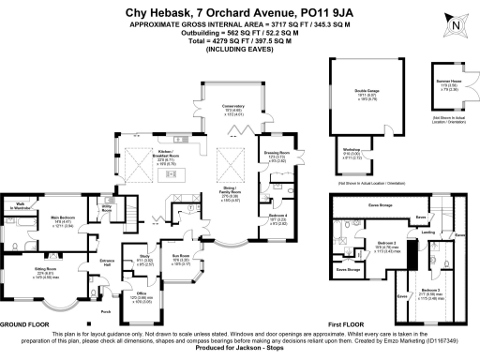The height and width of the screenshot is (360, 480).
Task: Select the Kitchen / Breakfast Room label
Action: pyautogui.click(x=173, y=151)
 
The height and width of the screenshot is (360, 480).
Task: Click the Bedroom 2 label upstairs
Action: pyautogui.click(x=387, y=242)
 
